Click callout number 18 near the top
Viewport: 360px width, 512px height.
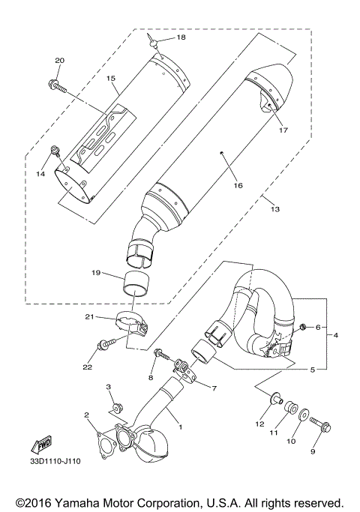(x=181, y=37)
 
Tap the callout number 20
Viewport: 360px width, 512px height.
(x=60, y=60)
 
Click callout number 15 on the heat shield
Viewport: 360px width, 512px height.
(x=110, y=78)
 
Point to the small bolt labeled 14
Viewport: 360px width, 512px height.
(x=55, y=153)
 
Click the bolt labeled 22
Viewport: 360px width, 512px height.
(x=104, y=345)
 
